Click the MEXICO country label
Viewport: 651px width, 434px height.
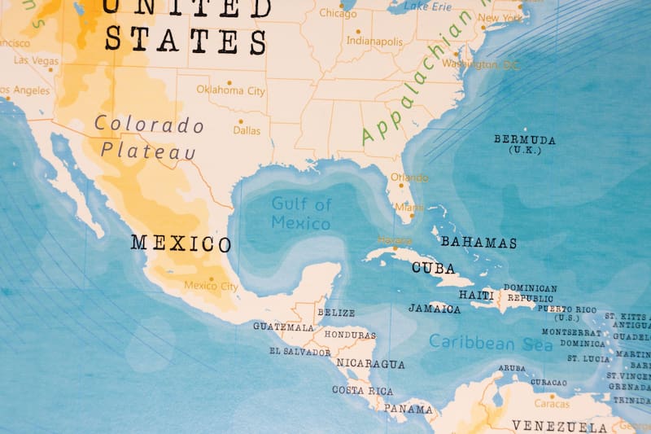click(x=181, y=243)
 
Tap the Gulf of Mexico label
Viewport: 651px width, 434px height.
click(x=301, y=213)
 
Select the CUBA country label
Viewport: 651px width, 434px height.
click(x=433, y=267)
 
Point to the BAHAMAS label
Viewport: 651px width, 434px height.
click(x=478, y=243)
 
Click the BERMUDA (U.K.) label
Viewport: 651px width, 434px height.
click(x=525, y=144)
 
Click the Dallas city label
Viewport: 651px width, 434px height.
click(x=247, y=130)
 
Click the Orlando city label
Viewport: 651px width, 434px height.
click(x=409, y=178)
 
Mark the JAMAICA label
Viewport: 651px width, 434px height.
click(x=435, y=309)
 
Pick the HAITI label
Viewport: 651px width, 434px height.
click(x=476, y=295)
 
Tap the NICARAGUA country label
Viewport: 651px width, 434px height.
click(x=370, y=363)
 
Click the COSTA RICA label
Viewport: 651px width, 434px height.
click(x=362, y=390)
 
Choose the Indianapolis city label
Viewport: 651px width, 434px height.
click(x=374, y=40)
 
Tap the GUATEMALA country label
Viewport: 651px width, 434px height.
click(x=283, y=327)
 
